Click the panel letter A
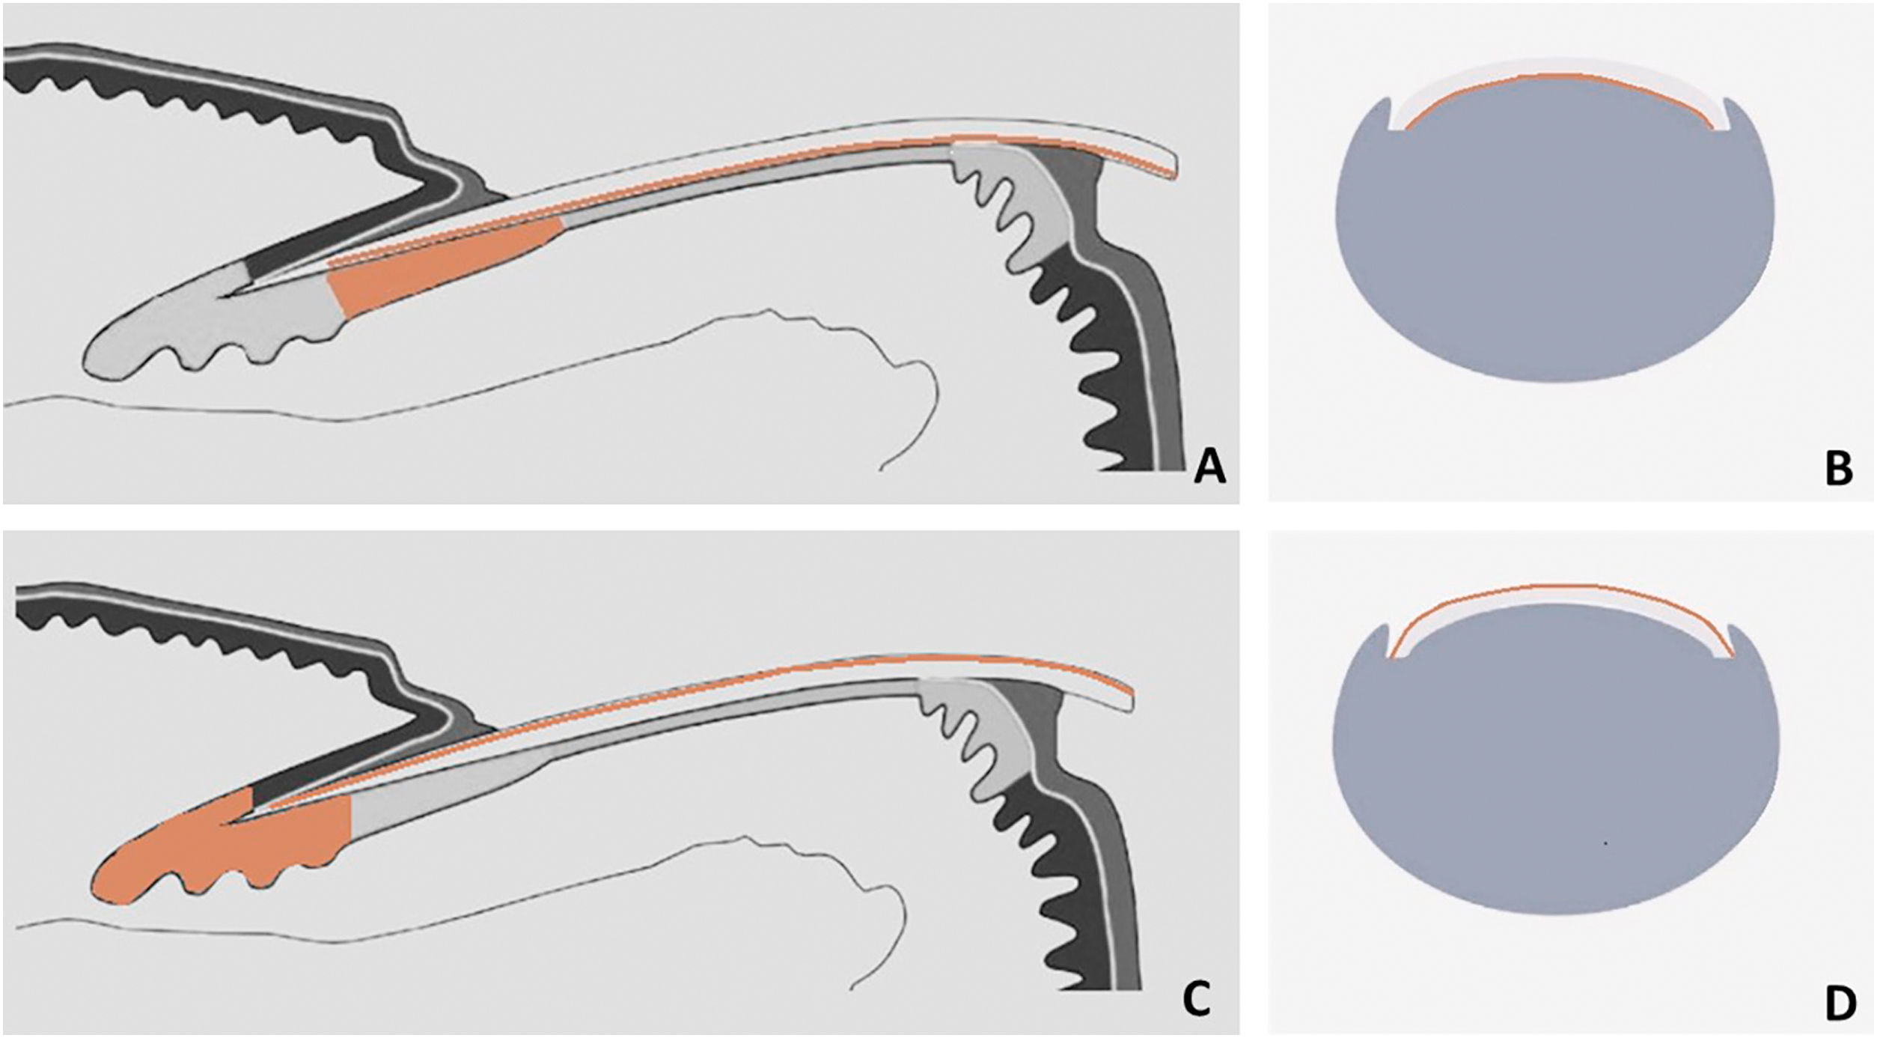click(x=1209, y=468)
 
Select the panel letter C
click(x=1195, y=1001)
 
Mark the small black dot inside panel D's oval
click(x=1605, y=844)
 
